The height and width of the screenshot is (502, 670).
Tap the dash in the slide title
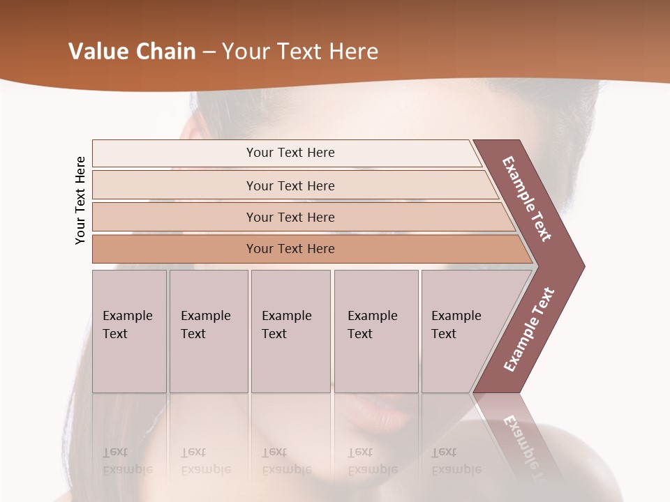click(x=209, y=52)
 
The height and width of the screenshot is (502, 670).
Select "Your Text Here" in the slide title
click(x=300, y=52)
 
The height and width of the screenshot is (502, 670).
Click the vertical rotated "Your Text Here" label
click(x=80, y=200)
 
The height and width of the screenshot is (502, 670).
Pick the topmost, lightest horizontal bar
click(x=290, y=153)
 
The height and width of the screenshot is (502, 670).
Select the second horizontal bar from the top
click(x=290, y=185)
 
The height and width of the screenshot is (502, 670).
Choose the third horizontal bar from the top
click(x=290, y=217)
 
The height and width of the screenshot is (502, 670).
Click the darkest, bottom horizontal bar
click(x=290, y=249)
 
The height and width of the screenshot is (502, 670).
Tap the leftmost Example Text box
click(x=129, y=331)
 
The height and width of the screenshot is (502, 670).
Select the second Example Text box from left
click(x=208, y=331)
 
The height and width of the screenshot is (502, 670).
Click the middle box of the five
click(x=290, y=331)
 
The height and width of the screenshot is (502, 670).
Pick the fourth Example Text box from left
click(x=375, y=331)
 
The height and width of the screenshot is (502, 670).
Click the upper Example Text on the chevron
click(x=527, y=199)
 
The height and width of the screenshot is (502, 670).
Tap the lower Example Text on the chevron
click(x=528, y=330)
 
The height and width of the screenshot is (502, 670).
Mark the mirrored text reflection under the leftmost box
click(x=127, y=461)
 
